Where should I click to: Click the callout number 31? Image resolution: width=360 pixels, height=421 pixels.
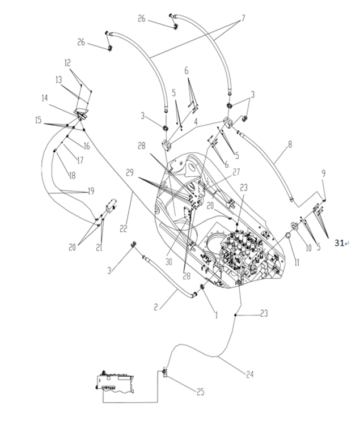[339, 243]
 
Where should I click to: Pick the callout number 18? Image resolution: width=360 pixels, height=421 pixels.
[73, 176]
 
